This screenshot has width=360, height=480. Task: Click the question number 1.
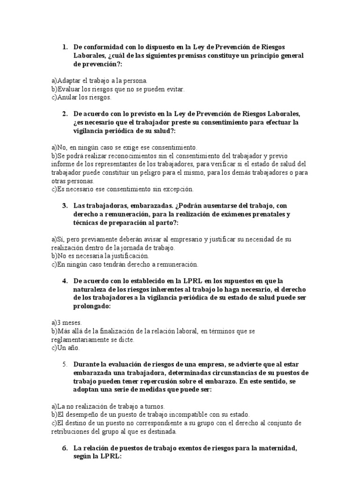pos(65,47)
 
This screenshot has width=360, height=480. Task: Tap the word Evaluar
pos(68,89)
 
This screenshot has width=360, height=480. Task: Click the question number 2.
pos(65,114)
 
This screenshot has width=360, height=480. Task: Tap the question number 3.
pos(65,206)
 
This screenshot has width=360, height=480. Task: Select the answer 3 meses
pos(68,322)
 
